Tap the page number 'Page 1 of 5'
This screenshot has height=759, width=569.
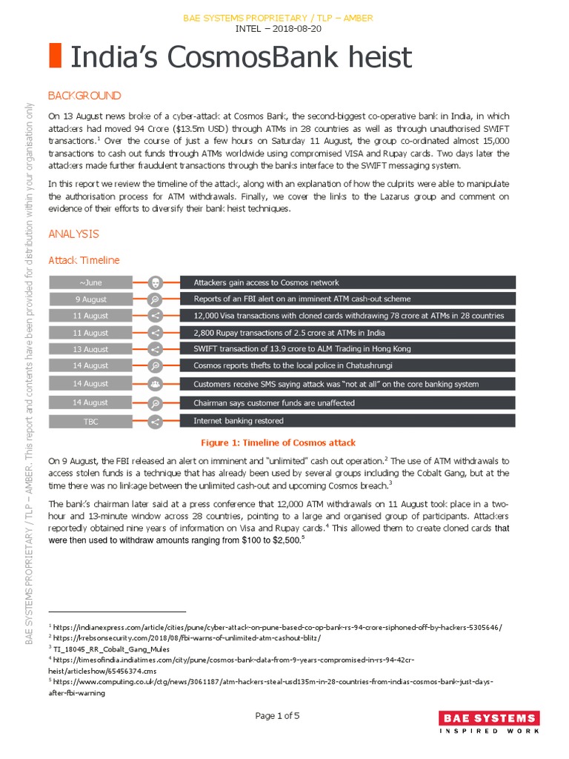coord(278,715)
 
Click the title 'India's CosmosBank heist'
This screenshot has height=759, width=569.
coord(241,57)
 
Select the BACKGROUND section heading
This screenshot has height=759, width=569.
coord(84,96)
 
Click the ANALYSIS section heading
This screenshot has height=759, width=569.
coord(73,233)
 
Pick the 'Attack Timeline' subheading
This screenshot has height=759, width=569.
coord(84,260)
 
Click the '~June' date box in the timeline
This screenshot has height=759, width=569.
coord(90,282)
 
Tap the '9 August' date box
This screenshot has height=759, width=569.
coord(90,299)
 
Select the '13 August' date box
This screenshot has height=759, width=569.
coord(90,349)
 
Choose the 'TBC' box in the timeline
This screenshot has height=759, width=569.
coord(90,421)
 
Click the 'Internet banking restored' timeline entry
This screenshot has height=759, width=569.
coord(239,420)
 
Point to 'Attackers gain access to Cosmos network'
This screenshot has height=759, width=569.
coord(266,282)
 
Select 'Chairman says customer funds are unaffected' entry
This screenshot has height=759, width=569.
coord(274,403)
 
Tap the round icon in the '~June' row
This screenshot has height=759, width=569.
coord(156,282)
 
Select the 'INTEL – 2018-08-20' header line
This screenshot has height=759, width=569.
coord(278,29)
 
